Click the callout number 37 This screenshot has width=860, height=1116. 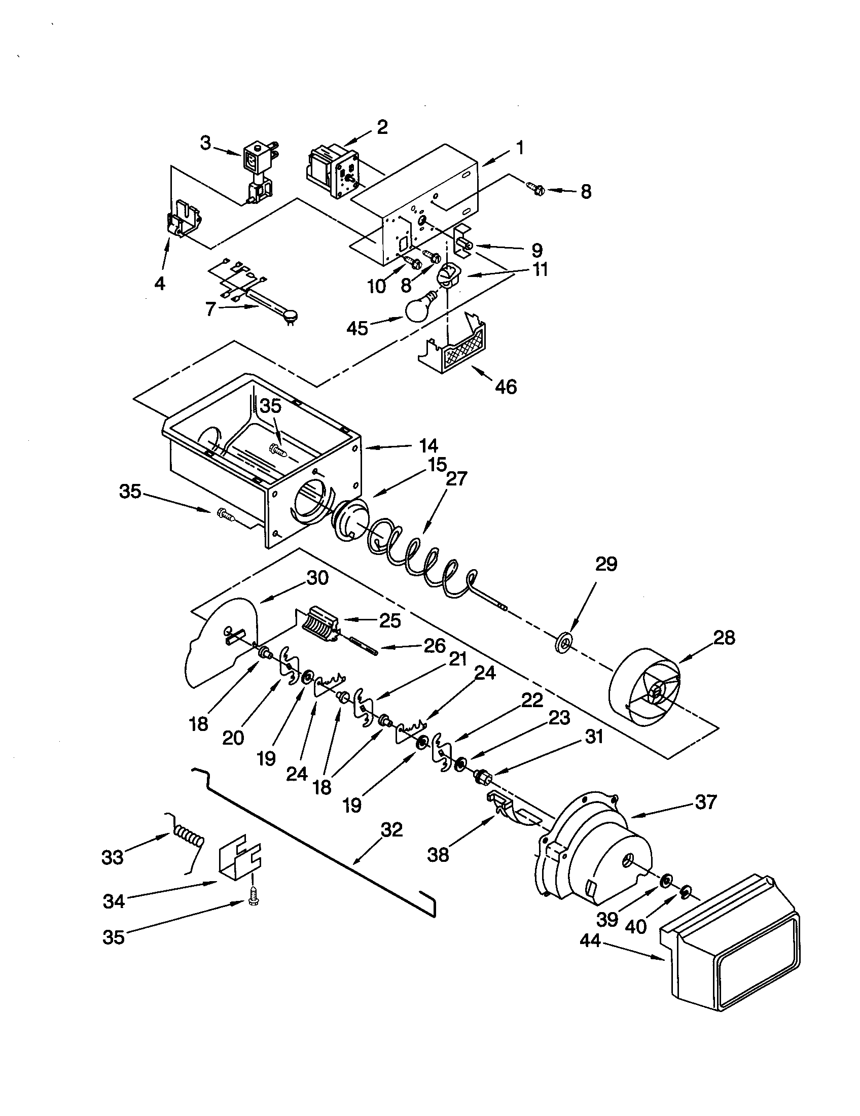click(706, 803)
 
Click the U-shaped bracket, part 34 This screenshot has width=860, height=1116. click(239, 862)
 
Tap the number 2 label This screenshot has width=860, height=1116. click(382, 127)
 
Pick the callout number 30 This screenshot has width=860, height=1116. click(317, 578)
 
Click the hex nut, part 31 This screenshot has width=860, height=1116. click(483, 779)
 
